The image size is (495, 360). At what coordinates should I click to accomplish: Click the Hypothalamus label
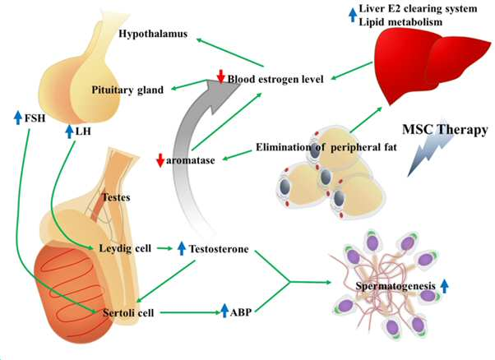click(153, 34)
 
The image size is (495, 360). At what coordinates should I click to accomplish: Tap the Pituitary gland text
click(127, 90)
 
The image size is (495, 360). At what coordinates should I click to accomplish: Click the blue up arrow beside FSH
click(18, 118)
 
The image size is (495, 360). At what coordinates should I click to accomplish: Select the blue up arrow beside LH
click(69, 132)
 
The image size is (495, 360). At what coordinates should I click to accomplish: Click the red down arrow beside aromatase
click(160, 160)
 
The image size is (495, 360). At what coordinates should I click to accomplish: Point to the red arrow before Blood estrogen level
click(220, 76)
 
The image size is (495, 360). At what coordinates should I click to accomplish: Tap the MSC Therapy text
click(445, 130)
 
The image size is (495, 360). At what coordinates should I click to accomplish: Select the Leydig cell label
click(125, 248)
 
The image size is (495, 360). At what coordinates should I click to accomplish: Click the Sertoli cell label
click(128, 312)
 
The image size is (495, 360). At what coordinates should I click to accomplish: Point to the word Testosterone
click(219, 249)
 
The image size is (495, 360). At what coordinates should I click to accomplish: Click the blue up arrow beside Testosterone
click(181, 248)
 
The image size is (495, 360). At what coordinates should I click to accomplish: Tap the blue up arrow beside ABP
click(224, 311)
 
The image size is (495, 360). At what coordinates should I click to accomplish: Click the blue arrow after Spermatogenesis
click(444, 286)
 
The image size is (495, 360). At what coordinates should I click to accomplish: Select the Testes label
click(116, 197)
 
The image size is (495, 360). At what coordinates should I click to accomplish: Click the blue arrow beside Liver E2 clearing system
click(353, 15)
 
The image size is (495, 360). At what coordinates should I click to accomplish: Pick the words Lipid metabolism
click(400, 22)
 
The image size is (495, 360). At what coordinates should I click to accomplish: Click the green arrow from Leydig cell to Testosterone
click(164, 248)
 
